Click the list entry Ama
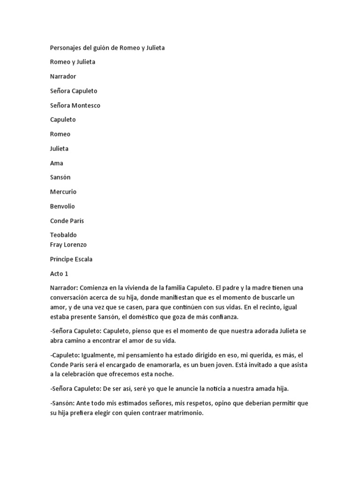[57, 163]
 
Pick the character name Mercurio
[63, 192]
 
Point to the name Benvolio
[62, 206]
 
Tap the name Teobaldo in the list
[63, 235]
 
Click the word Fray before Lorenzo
[56, 245]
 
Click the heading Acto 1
[59, 274]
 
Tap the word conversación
[70, 298]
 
